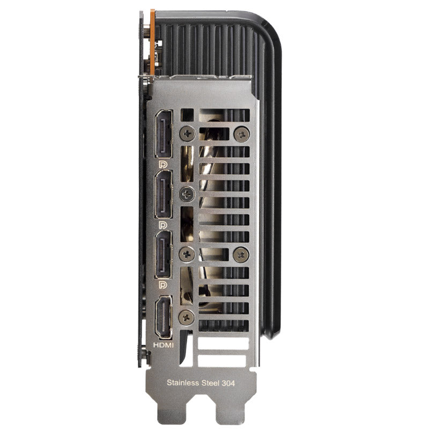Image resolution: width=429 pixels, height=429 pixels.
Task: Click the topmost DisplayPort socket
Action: tap(164, 134)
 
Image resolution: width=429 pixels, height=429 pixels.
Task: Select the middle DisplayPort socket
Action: tap(164, 194)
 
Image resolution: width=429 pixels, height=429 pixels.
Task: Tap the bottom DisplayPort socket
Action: tap(164, 255)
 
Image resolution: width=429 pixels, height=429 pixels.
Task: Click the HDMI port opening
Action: tap(164, 317)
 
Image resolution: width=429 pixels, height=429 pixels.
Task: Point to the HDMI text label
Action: tap(164, 345)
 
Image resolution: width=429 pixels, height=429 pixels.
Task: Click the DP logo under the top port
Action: tap(163, 165)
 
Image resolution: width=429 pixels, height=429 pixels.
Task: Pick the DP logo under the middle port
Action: tap(163, 225)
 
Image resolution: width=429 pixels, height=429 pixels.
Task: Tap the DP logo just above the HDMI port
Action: tap(163, 285)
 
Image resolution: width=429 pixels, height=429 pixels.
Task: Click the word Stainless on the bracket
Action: tap(183, 382)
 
